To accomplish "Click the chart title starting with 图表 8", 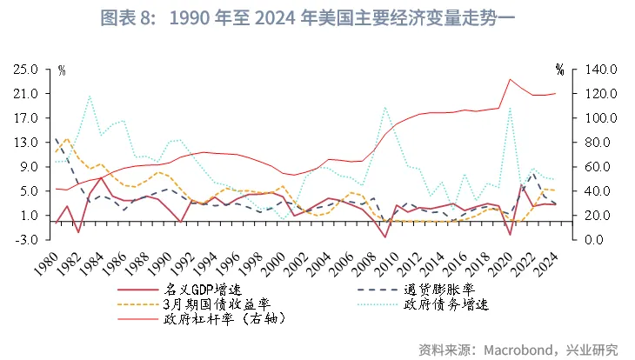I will click(x=317, y=17).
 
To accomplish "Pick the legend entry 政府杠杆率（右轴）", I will click(x=225, y=319).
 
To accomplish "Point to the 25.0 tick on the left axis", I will click(x=24, y=69).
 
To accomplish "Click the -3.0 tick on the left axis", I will click(x=24, y=239).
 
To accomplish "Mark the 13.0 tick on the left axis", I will click(x=24, y=142).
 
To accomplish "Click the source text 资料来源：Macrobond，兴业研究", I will click(x=518, y=350).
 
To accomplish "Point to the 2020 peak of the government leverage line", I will click(x=511, y=79).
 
